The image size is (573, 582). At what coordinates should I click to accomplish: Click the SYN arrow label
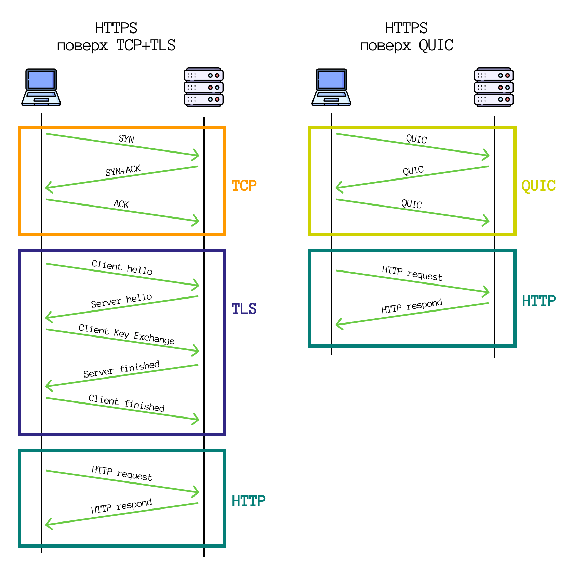pos(126,139)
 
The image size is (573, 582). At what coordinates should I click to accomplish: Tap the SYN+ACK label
pos(123,170)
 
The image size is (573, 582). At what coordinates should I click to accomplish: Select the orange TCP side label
pos(244,186)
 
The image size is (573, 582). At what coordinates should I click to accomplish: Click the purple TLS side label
pos(244,309)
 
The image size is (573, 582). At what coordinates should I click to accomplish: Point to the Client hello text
pos(122,267)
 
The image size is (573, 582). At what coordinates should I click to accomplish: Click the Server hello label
pos(121,300)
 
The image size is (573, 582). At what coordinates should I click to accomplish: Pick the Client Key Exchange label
pos(126,334)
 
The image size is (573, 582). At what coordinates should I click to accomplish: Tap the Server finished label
pos(121,369)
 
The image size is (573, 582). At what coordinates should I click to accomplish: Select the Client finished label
pos(126,403)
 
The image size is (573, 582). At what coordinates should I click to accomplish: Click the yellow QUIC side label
pos(538,186)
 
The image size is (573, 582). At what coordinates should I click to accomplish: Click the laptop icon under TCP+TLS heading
pos(41,88)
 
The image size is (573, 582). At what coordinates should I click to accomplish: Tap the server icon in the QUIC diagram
pos(494,88)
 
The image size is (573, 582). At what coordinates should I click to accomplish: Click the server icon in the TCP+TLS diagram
pos(203,88)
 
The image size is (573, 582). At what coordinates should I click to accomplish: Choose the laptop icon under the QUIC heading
pos(331,88)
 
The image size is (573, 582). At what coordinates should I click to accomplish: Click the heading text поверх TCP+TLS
pos(116,45)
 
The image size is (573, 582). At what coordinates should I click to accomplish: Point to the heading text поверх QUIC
pos(406,45)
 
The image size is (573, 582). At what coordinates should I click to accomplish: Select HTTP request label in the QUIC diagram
pos(412,273)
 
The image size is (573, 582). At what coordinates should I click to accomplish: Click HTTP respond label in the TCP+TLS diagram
pos(121,506)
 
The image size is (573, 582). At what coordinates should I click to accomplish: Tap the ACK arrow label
pos(121,204)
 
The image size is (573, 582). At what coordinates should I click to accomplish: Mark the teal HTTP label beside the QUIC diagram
pos(538,301)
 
